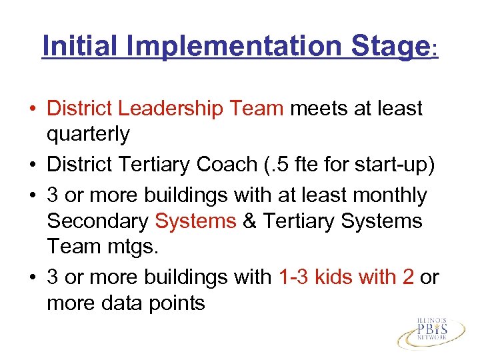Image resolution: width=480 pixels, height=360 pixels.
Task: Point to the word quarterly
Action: click(x=88, y=134)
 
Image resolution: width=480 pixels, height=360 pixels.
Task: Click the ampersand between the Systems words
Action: click(x=251, y=221)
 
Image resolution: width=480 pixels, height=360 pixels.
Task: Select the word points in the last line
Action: click(x=180, y=303)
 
